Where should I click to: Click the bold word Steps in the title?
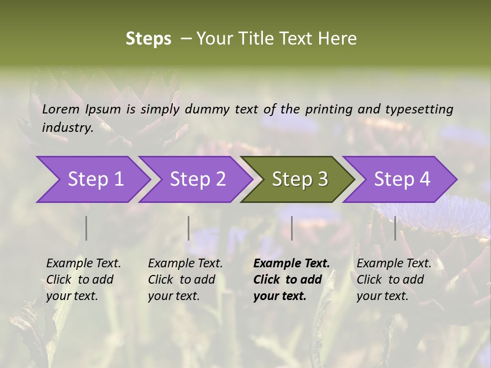tap(148, 39)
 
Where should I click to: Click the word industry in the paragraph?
tap(67, 127)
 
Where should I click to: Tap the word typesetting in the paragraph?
tap(419, 109)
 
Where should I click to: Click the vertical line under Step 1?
tap(86, 228)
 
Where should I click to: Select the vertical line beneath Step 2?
tap(189, 228)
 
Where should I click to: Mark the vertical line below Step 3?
tap(292, 228)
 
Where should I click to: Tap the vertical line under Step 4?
tap(395, 228)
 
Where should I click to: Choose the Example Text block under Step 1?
tap(83, 280)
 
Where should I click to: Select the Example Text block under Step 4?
tap(394, 280)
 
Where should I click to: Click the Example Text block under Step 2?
tap(185, 280)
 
